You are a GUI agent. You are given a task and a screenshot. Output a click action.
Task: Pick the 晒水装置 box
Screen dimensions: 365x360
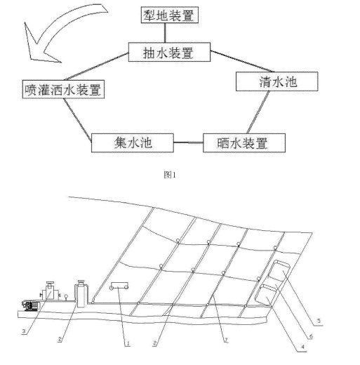click(x=245, y=143)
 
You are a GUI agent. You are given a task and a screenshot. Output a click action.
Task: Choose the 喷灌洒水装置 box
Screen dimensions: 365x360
click(x=62, y=89)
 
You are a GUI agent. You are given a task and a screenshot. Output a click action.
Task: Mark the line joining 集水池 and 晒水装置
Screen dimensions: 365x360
click(x=188, y=143)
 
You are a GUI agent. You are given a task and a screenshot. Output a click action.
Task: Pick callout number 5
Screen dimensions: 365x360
click(x=320, y=320)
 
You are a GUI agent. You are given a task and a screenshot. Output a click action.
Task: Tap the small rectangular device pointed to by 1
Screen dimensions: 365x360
click(x=120, y=286)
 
